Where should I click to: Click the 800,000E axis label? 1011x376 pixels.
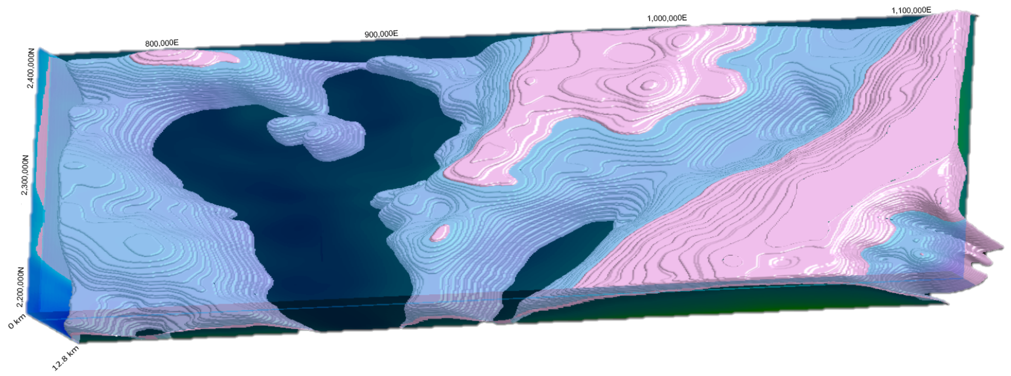point(162,43)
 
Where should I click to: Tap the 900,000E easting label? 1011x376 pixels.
point(381,34)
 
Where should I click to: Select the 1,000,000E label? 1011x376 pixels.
point(666,18)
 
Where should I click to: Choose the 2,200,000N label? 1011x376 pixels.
point(20,287)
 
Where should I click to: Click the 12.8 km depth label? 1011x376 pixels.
point(65,358)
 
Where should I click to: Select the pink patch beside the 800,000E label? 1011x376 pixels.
point(184,57)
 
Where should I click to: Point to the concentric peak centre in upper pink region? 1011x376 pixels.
point(648,85)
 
